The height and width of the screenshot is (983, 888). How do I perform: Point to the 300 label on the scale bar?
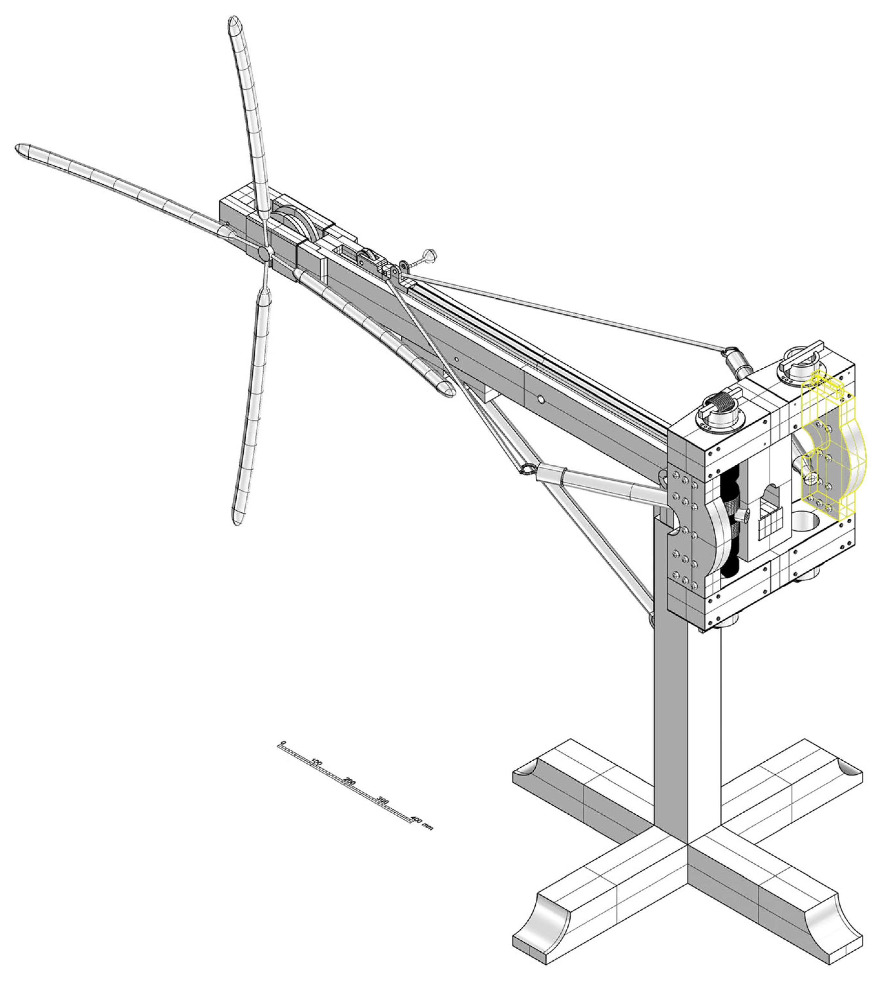(x=383, y=801)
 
